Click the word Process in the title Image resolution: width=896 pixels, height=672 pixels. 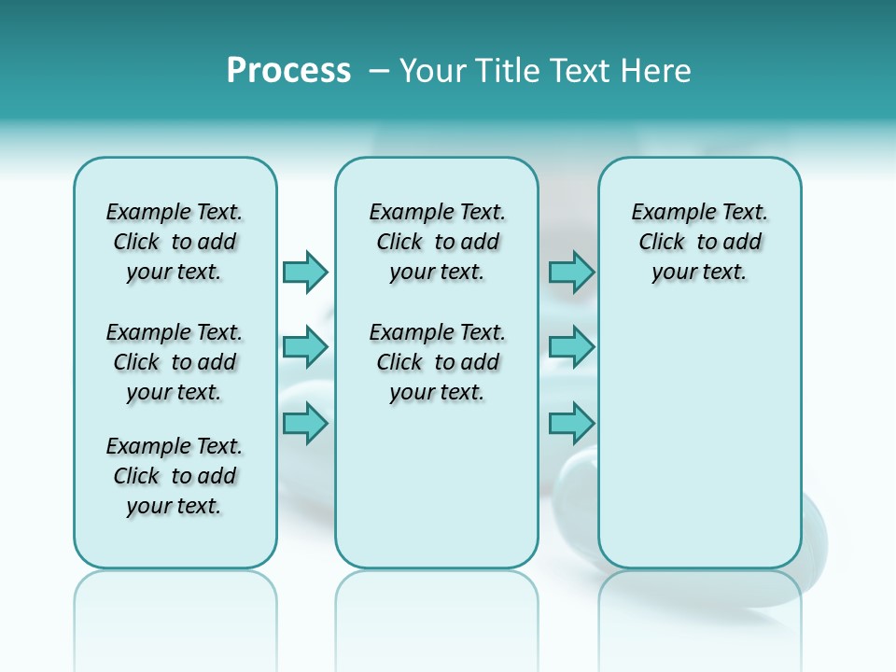[288, 71]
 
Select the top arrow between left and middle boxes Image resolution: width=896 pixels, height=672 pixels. [305, 272]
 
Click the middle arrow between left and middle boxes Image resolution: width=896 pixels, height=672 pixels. [305, 347]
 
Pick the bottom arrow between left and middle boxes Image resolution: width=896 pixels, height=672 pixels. [305, 423]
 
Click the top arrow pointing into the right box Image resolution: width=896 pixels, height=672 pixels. [571, 272]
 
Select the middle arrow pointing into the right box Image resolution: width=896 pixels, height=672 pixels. [571, 347]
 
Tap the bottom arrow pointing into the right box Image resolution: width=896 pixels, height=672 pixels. [571, 423]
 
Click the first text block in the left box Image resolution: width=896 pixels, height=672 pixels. [175, 242]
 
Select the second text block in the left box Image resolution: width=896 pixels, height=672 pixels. [175, 362]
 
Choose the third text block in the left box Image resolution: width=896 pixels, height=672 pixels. [175, 476]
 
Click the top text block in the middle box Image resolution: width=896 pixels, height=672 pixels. [437, 242]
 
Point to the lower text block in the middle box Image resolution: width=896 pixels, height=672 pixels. [437, 362]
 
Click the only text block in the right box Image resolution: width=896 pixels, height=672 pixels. [699, 242]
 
